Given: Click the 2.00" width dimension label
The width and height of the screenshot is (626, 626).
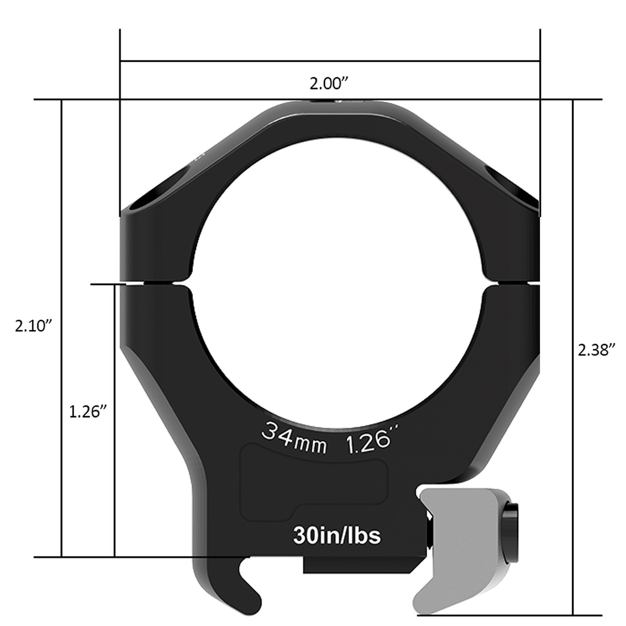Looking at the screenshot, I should pos(329,84).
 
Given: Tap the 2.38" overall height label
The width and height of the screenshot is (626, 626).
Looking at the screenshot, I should pos(597,350).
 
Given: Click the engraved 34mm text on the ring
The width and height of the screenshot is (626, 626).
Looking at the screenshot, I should pos(293,439).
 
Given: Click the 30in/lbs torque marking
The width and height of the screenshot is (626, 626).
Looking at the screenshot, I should pos(337,535).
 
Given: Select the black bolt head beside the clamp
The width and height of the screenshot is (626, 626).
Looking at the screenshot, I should pos(511,530).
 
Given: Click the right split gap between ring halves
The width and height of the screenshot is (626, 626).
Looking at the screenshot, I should pos(513,283).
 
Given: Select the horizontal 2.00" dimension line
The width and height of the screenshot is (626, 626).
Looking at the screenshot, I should pos(330,62).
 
